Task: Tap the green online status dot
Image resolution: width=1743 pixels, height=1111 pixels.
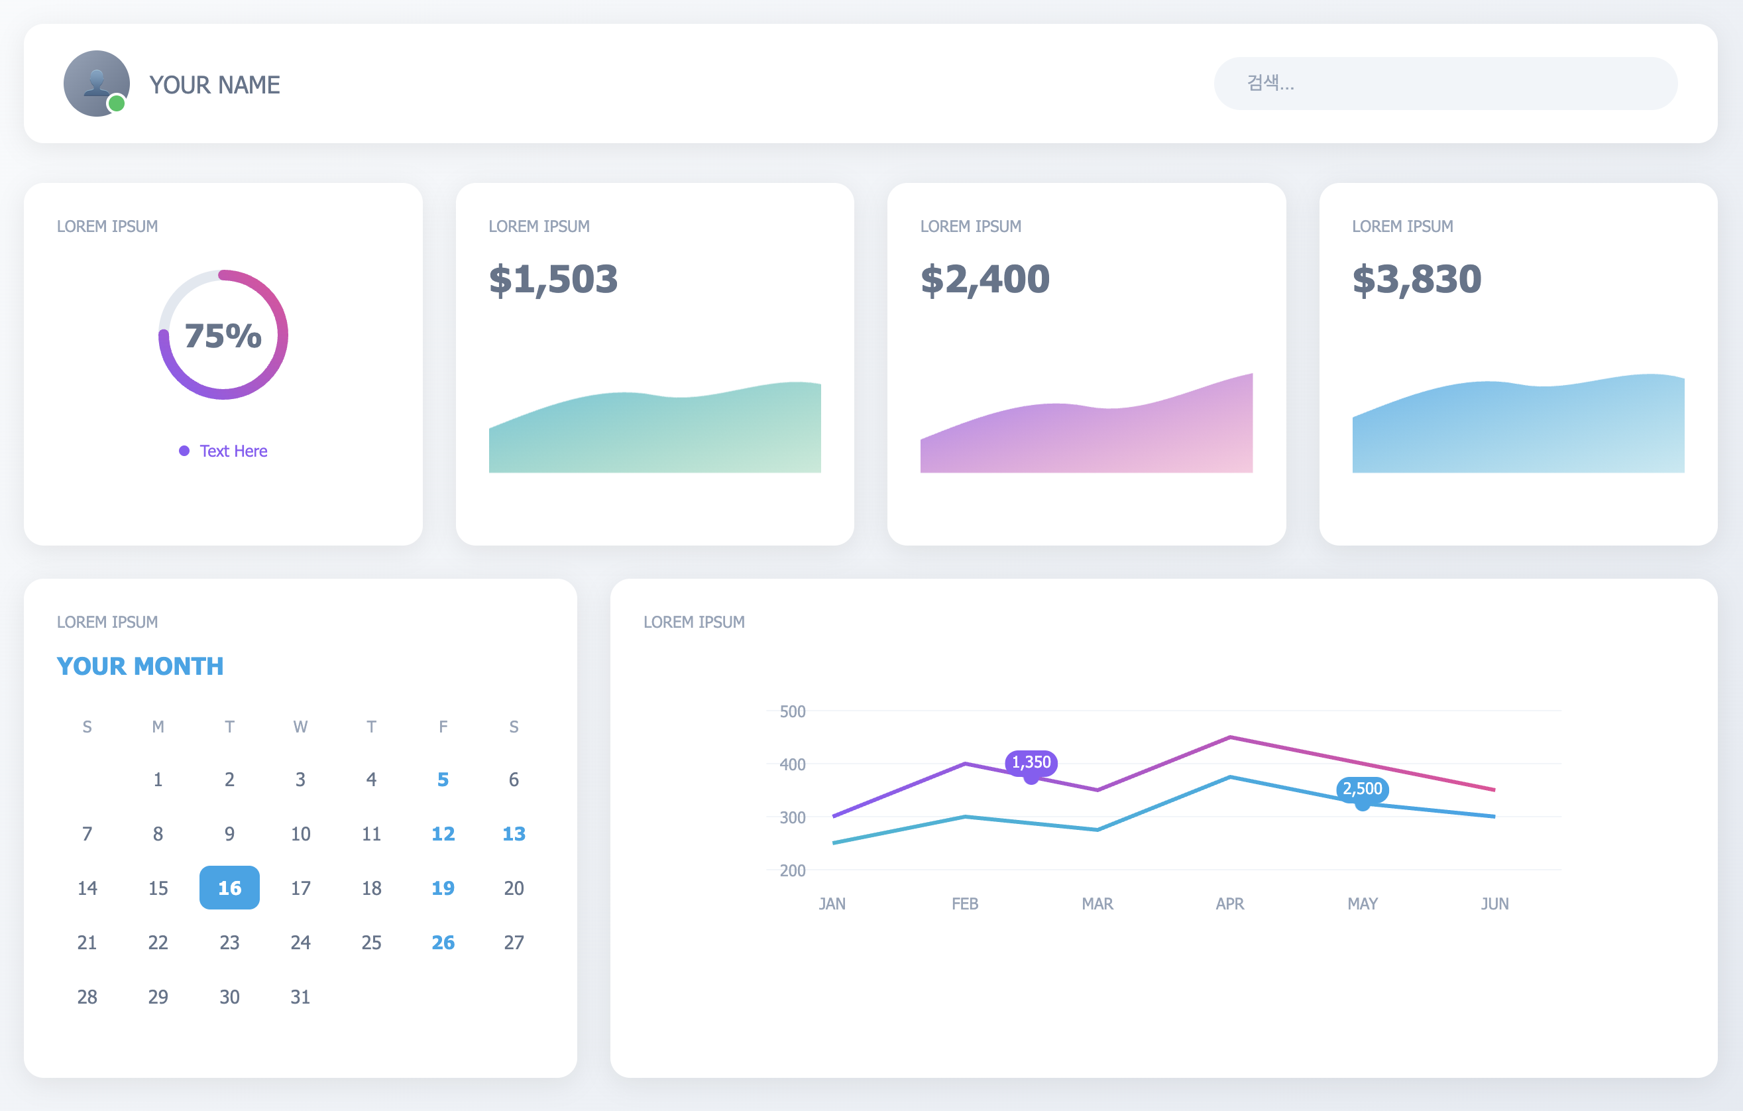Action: (117, 104)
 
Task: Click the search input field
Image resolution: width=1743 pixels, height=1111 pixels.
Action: (1445, 84)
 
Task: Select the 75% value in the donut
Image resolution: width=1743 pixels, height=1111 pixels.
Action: (223, 336)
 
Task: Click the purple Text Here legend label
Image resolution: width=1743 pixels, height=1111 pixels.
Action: (233, 451)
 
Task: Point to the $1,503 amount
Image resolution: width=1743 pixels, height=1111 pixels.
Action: (553, 279)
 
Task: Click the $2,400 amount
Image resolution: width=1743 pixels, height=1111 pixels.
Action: (984, 279)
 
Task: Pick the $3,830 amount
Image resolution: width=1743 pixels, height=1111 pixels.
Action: (1416, 279)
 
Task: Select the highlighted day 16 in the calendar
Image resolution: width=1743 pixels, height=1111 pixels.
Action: (229, 888)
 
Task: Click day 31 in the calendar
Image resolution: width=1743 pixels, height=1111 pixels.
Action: (300, 996)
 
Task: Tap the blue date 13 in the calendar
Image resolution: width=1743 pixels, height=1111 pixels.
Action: (514, 834)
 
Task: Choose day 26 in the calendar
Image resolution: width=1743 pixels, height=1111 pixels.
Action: (443, 943)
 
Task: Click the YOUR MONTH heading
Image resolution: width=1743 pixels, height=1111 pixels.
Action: (141, 666)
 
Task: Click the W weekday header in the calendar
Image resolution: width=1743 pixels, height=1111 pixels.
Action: (300, 727)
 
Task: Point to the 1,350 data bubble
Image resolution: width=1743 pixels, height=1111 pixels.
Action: (1031, 762)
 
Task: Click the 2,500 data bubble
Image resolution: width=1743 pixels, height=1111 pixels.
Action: (1363, 788)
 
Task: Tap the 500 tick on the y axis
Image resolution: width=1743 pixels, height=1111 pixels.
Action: (793, 711)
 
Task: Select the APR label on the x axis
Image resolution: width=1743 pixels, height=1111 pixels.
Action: (1230, 904)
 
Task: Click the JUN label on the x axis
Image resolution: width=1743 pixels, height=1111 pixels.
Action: (1494, 904)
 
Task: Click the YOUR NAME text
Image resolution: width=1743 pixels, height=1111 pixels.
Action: (214, 85)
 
